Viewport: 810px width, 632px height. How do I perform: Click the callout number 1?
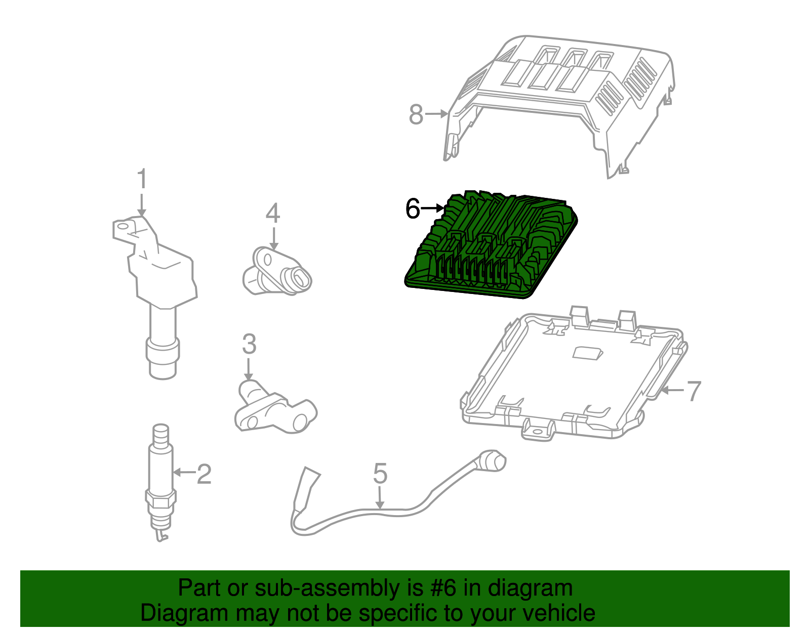click(142, 180)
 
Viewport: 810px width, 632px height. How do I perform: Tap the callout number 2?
click(204, 474)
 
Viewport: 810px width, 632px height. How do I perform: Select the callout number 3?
click(249, 344)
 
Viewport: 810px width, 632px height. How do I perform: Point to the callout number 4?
click(273, 214)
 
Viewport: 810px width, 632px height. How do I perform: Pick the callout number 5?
click(380, 474)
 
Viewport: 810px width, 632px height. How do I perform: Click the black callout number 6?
click(413, 208)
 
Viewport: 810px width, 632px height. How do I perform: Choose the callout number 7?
click(693, 391)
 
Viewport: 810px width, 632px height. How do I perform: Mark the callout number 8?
click(416, 114)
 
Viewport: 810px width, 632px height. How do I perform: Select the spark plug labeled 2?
click(160, 481)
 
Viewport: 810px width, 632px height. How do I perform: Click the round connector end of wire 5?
click(493, 460)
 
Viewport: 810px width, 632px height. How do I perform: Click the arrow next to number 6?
click(433, 208)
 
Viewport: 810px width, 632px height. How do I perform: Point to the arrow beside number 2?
click(184, 472)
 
